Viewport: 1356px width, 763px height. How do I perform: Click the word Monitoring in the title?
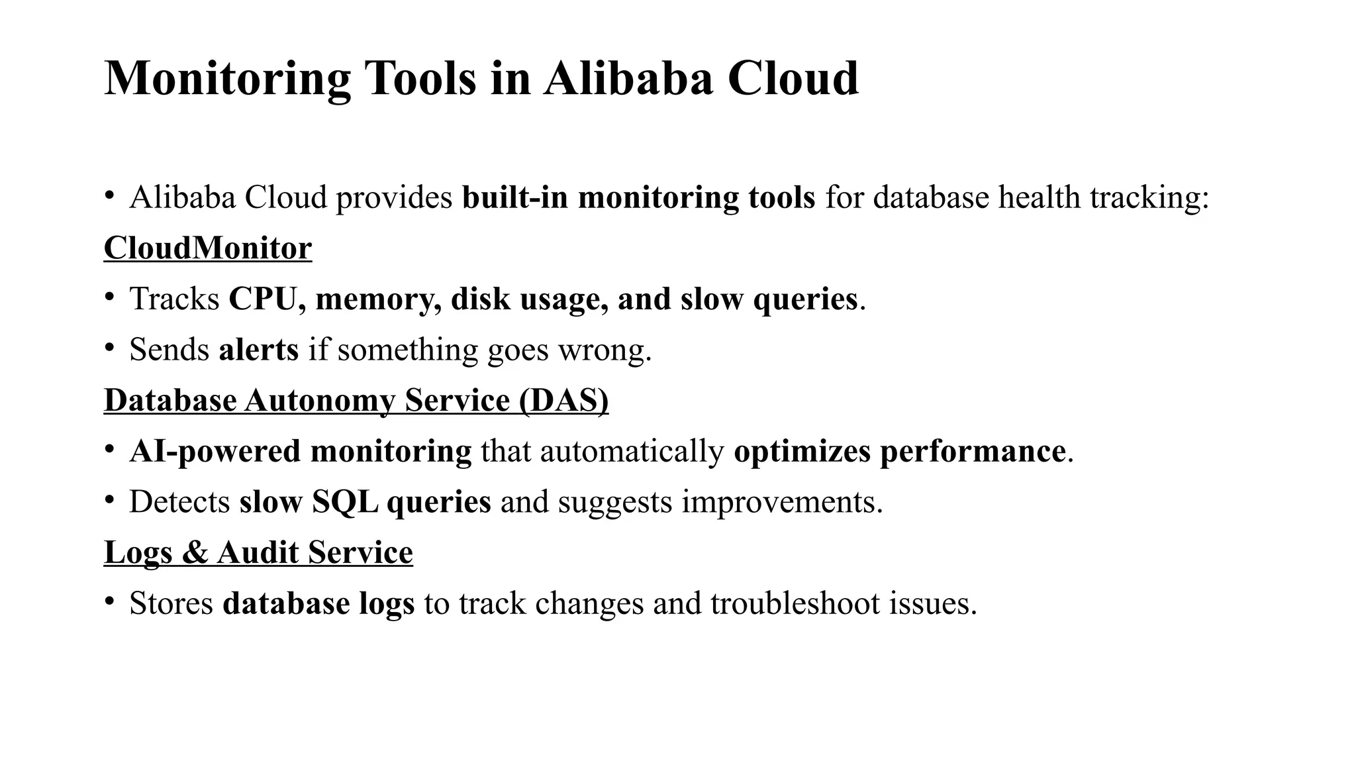pos(227,79)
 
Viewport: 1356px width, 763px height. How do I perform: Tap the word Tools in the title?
pos(420,79)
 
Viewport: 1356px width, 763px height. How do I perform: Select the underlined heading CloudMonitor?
pos(207,248)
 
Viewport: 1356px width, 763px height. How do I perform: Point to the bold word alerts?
pos(258,350)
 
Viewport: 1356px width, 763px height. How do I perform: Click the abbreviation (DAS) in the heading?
pos(563,401)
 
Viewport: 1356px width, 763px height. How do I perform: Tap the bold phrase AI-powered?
pos(215,452)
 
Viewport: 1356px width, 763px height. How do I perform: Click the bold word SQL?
pos(345,502)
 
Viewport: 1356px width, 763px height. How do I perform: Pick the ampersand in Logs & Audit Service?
pos(194,553)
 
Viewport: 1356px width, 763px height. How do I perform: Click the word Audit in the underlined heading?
pos(258,553)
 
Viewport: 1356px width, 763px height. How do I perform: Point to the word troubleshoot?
pos(795,603)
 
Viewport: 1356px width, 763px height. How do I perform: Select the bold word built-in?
pos(515,198)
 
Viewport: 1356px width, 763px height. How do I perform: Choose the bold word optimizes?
pos(802,452)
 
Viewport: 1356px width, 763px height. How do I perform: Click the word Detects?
pos(179,502)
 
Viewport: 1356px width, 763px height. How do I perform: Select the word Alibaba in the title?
pos(628,79)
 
